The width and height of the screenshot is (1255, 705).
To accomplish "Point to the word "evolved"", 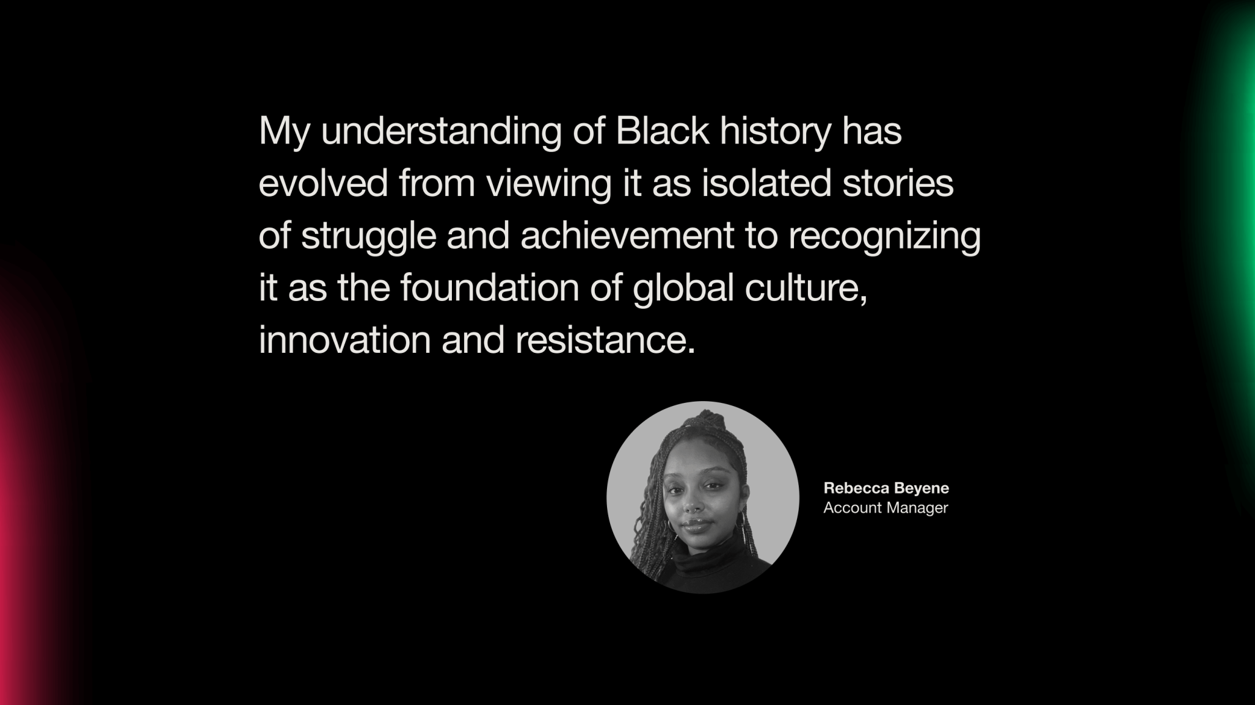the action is (x=323, y=183).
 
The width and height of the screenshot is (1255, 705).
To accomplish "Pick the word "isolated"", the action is (x=766, y=183).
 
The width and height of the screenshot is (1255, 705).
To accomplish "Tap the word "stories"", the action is (x=898, y=183).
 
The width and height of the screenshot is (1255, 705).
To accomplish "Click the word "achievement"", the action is (x=627, y=235).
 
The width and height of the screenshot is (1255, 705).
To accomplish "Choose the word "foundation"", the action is (x=490, y=287).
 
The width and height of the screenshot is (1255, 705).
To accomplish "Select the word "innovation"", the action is (x=345, y=340).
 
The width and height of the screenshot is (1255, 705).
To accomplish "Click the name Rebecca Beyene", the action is (x=886, y=488).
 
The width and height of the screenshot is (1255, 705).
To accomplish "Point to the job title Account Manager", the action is (x=886, y=508).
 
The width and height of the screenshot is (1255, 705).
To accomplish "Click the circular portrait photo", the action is (x=703, y=497).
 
